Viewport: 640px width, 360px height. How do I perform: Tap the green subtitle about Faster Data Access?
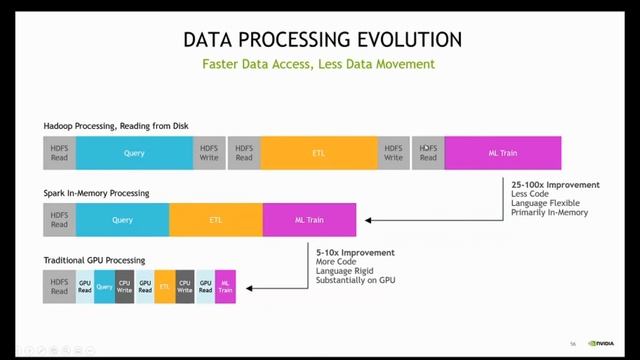pyautogui.click(x=319, y=65)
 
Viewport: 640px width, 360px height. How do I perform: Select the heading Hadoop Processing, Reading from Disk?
pyautogui.click(x=115, y=125)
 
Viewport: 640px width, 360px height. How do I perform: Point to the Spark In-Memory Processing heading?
pyautogui.click(x=96, y=192)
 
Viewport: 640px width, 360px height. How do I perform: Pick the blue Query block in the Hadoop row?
pyautogui.click(x=134, y=153)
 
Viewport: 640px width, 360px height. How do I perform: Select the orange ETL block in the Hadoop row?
pyautogui.click(x=318, y=153)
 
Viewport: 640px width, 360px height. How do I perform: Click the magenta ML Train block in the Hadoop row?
pyautogui.click(x=502, y=153)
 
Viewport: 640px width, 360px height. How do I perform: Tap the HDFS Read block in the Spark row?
pyautogui.click(x=59, y=220)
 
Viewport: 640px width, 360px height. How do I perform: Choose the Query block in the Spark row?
pyautogui.click(x=122, y=220)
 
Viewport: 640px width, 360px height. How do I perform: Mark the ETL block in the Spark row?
pyautogui.click(x=215, y=220)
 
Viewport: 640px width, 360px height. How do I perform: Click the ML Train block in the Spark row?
pyautogui.click(x=309, y=220)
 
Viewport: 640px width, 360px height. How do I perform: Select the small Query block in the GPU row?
pyautogui.click(x=104, y=287)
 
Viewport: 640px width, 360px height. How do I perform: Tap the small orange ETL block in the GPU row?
pyautogui.click(x=164, y=287)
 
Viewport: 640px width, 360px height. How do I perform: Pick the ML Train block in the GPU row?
pyautogui.click(x=225, y=287)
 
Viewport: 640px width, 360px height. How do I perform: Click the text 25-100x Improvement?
pyautogui.click(x=555, y=185)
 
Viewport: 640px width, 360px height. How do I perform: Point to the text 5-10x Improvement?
pyautogui.click(x=355, y=252)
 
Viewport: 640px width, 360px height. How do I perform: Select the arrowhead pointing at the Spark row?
pyautogui.click(x=368, y=220)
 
